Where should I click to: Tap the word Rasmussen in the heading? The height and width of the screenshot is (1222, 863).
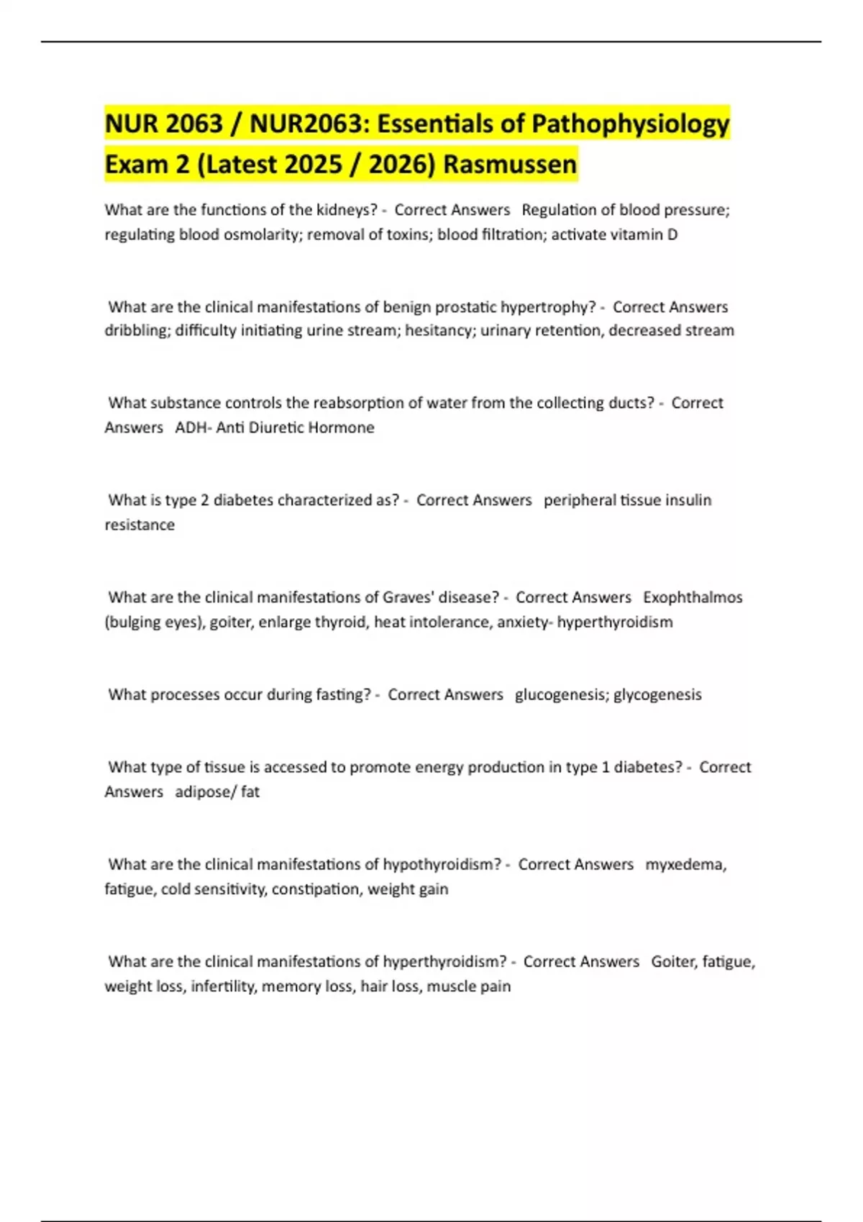(x=510, y=165)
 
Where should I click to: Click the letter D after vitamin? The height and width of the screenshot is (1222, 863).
(x=672, y=234)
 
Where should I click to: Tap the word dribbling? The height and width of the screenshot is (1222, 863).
(x=137, y=331)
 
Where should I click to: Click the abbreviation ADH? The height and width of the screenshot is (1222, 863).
(x=191, y=428)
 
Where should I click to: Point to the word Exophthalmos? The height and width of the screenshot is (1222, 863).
(x=693, y=597)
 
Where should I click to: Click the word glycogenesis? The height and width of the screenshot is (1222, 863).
(x=657, y=694)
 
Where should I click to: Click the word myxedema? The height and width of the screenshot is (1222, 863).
(x=685, y=864)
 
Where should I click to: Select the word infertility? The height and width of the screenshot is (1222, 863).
(x=222, y=986)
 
